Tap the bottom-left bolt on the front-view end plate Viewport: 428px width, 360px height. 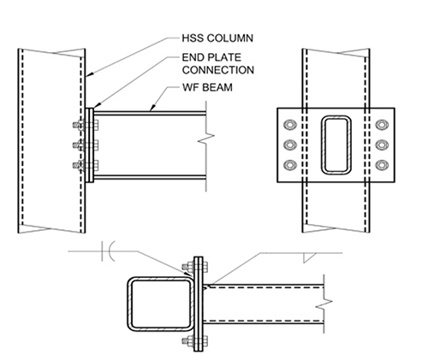pyautogui.click(x=288, y=163)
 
